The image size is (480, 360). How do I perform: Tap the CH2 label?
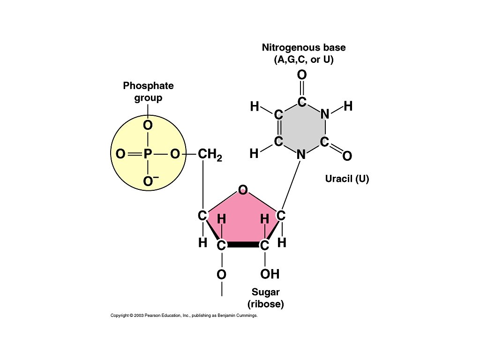(x=209, y=155)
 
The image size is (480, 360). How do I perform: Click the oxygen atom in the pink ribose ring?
(x=243, y=190)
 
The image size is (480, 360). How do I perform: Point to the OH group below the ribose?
(x=270, y=274)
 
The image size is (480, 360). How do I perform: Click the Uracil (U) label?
(x=347, y=179)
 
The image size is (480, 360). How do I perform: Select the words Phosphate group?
(x=148, y=92)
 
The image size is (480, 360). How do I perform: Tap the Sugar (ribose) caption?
(x=266, y=298)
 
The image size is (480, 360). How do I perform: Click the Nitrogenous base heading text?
(x=304, y=48)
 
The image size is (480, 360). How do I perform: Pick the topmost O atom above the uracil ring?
(x=302, y=75)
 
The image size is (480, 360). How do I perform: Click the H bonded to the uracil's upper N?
(x=348, y=106)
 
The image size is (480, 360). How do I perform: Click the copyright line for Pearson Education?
(x=184, y=316)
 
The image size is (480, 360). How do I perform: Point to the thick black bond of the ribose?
(x=243, y=245)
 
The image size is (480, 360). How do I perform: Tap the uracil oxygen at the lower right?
(x=347, y=156)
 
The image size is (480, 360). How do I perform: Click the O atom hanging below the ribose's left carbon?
(x=221, y=275)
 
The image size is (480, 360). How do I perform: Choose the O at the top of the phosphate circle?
(x=148, y=126)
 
